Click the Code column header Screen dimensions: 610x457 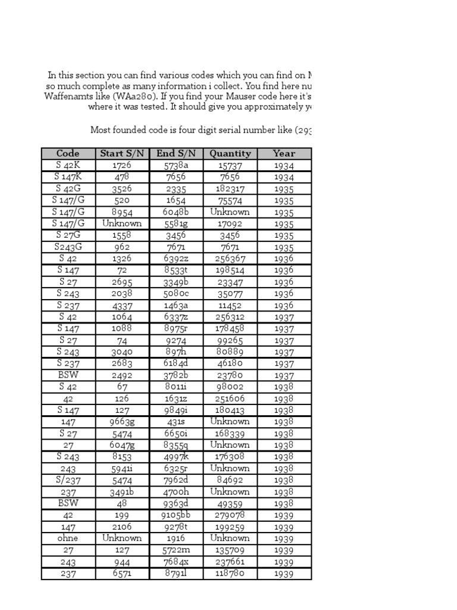pos(68,154)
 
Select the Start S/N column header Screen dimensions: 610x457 pos(122,154)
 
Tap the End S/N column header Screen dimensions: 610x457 pos(176,154)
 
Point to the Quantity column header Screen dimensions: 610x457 pos(230,154)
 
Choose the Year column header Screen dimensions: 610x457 pos(284,154)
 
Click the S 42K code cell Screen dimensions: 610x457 pos(68,165)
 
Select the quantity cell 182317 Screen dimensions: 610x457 pos(230,189)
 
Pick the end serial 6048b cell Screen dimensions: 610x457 pos(176,212)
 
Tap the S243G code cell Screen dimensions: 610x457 pos(68,247)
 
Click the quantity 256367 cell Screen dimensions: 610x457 pos(230,259)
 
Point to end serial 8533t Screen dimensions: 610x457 pos(176,270)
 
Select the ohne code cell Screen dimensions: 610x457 pos(68,538)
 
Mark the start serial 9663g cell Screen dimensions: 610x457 pos(122,422)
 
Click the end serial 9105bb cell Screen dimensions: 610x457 pos(176,515)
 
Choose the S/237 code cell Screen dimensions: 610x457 pos(68,480)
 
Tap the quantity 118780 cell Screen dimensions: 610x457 pos(230,573)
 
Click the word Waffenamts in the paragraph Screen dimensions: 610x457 pos(66,97)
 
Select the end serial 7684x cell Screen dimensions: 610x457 pos(176,561)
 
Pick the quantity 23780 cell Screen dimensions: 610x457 pos(230,375)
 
